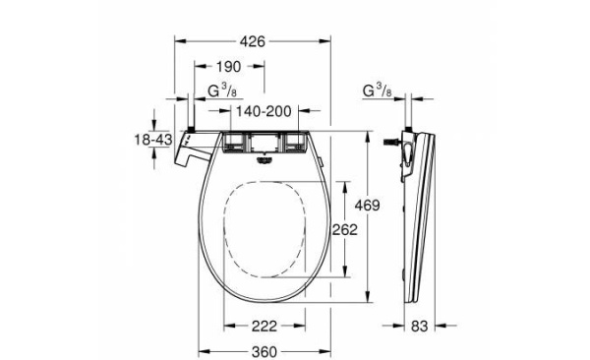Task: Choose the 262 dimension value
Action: pos(344,229)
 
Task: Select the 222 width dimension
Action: pos(262,326)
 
